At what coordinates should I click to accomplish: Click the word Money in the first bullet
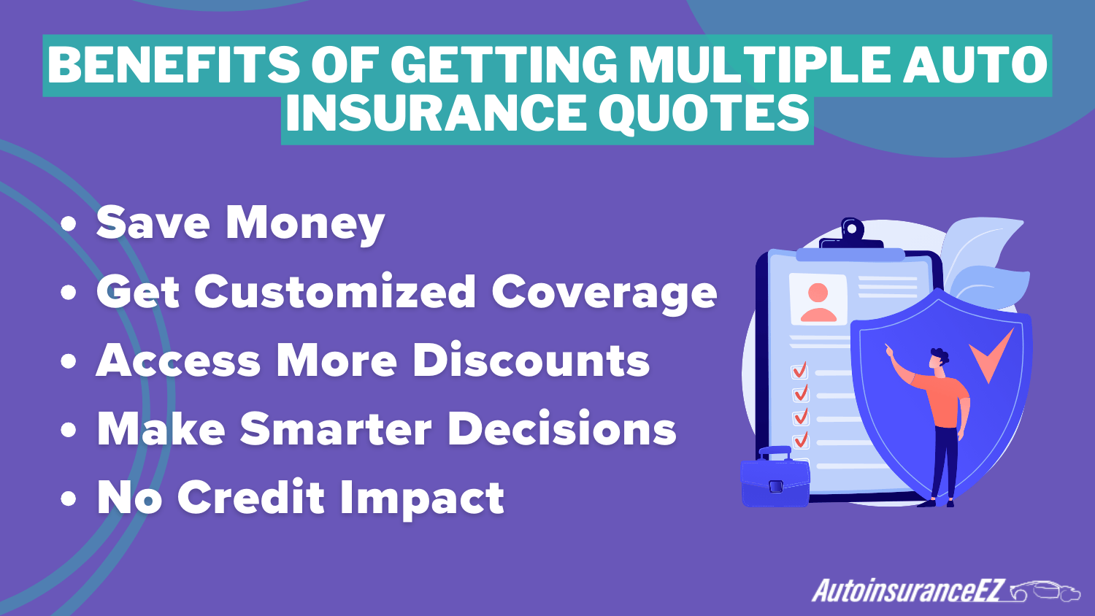tap(304, 223)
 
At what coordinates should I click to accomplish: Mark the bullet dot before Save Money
tap(69, 224)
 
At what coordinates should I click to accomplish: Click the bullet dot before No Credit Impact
tap(69, 499)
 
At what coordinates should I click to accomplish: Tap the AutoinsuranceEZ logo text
tap(909, 590)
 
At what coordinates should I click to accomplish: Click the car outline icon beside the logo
tap(1045, 591)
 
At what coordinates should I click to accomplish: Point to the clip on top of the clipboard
tap(851, 232)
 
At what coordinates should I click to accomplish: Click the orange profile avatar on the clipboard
tap(818, 301)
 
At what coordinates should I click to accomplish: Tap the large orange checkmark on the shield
tap(991, 354)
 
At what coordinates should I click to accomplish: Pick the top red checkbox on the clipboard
tap(800, 371)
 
